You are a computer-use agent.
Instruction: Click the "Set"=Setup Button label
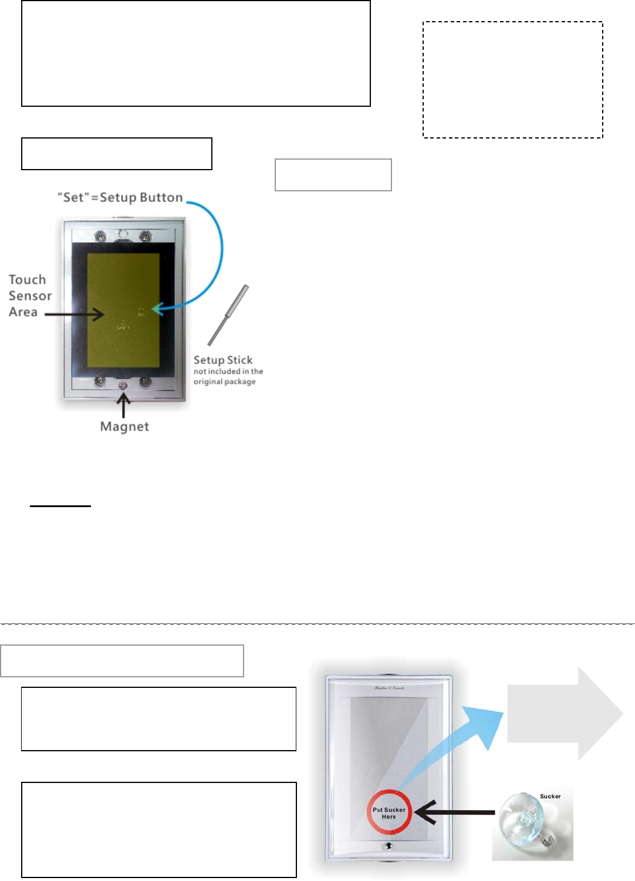(x=120, y=198)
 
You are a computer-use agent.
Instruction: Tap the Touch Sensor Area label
(x=30, y=296)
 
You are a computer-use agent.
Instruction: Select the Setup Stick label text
(x=223, y=360)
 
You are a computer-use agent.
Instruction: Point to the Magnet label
(x=124, y=427)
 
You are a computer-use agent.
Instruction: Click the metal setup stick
(x=228, y=315)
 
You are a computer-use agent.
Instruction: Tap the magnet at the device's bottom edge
(x=123, y=385)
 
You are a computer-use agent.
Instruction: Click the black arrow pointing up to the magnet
(x=123, y=404)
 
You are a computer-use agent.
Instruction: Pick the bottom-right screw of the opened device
(x=145, y=382)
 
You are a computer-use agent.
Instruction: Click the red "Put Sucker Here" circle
(x=389, y=812)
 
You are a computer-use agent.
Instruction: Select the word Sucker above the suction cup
(x=550, y=796)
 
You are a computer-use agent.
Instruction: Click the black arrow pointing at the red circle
(x=455, y=813)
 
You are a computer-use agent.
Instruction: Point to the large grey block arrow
(x=564, y=714)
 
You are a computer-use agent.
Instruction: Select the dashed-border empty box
(x=513, y=80)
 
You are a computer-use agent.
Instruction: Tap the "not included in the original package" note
(x=228, y=376)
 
